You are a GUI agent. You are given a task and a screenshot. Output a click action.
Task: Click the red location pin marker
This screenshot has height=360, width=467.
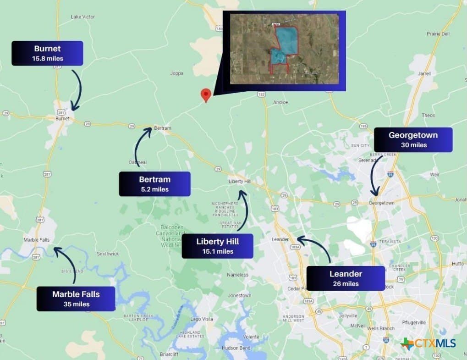click(x=206, y=94)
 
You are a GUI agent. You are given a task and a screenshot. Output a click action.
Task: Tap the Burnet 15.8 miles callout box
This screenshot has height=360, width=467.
click(x=47, y=53)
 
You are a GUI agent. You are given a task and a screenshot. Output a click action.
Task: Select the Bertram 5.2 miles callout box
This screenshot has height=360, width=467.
click(x=154, y=184)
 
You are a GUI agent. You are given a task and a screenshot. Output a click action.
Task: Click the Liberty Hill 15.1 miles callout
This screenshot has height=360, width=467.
click(x=217, y=246)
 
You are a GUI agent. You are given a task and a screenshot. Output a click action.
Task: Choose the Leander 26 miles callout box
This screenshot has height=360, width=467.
click(x=345, y=278)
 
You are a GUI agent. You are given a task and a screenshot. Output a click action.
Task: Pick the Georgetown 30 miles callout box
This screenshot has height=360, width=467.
click(x=413, y=139)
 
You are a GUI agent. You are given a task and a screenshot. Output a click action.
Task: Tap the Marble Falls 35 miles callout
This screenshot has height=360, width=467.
click(x=76, y=299)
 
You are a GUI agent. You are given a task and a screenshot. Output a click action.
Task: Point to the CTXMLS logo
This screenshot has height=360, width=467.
click(x=428, y=343)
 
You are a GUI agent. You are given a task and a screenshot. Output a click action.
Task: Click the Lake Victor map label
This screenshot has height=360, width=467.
click(x=83, y=17)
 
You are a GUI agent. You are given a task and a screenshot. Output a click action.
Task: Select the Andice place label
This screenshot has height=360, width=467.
click(x=280, y=102)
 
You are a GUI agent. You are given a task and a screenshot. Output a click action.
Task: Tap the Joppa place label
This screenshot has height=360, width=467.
click(x=176, y=73)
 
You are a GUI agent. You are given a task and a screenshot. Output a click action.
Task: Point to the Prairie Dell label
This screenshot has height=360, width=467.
click(x=438, y=34)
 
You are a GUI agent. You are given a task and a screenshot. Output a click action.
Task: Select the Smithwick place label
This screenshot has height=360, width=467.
click(x=108, y=254)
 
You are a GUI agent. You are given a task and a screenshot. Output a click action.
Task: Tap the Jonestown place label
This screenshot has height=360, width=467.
click(x=240, y=296)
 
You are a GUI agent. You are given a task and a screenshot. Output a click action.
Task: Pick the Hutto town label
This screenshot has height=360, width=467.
click(x=457, y=264)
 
